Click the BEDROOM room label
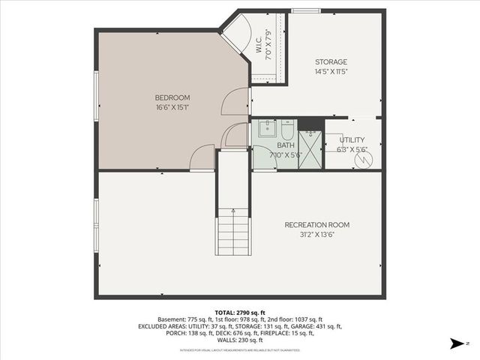click(172, 97)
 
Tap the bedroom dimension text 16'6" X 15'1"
click(172, 107)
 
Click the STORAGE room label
click(331, 61)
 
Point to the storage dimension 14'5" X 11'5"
click(331, 71)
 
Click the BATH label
click(285, 145)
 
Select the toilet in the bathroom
click(286, 128)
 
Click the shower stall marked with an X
click(309, 150)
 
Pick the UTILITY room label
click(352, 139)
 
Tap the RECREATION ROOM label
click(316, 225)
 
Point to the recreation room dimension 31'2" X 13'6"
click(316, 235)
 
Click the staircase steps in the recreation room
click(232, 232)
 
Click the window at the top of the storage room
click(302, 10)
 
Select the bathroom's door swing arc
click(262, 157)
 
